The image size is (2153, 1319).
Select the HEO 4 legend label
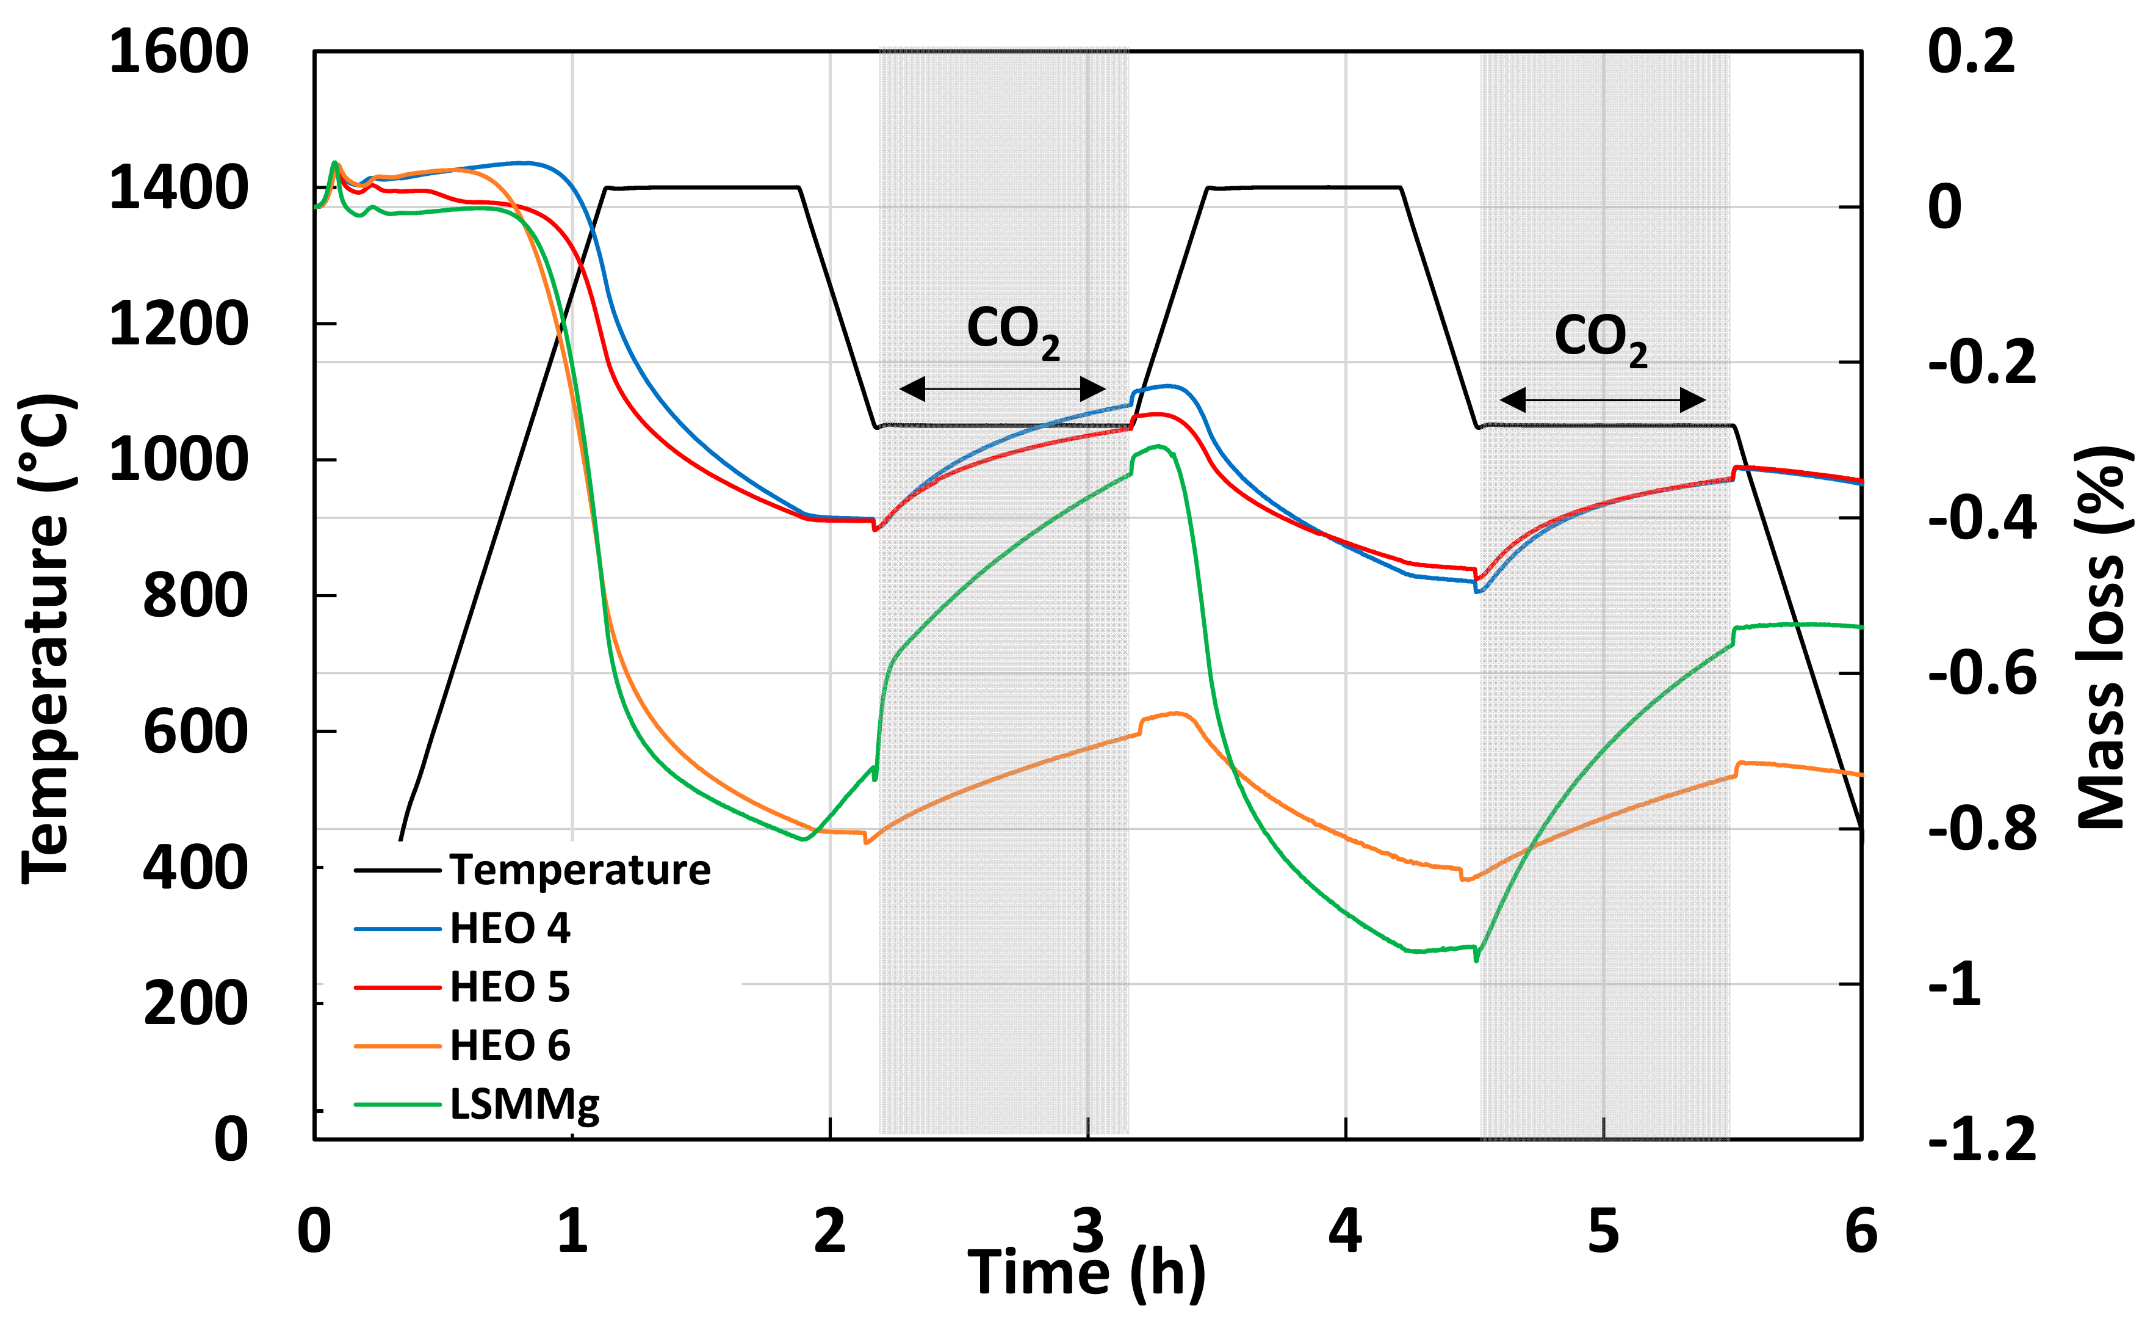point(510,928)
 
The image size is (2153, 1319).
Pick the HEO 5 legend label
point(510,987)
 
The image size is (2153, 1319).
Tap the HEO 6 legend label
point(510,1045)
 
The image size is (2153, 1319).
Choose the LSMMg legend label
point(524,1105)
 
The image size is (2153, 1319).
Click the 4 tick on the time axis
point(1345,1232)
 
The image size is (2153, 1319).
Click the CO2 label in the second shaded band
point(1601,338)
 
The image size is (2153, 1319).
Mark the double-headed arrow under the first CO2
point(1002,389)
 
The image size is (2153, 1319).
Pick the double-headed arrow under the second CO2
point(1603,401)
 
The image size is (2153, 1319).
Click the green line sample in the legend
point(397,1105)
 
